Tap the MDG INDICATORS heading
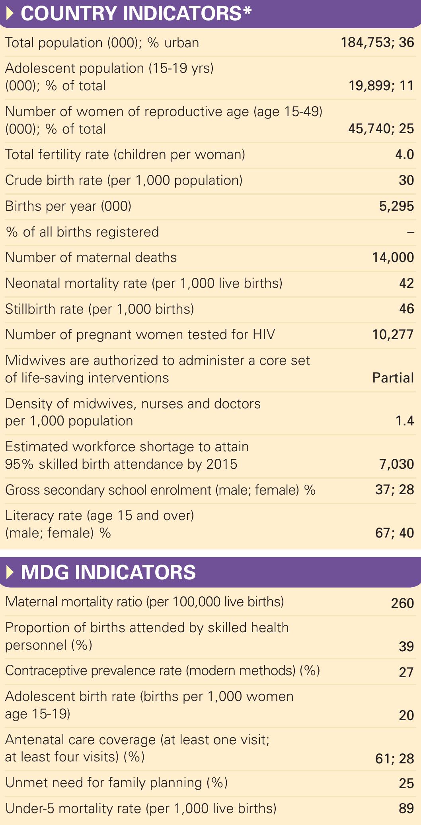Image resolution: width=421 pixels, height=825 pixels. tap(108, 573)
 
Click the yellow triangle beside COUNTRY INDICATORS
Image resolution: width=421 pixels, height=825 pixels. tap(11, 14)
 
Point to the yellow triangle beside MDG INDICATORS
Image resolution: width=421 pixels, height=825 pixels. tap(11, 573)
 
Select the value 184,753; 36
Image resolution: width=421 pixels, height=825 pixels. tap(377, 43)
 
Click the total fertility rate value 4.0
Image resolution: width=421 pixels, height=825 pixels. tap(404, 154)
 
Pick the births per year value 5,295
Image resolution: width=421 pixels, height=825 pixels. tap(396, 206)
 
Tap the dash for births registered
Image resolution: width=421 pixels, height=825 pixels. tap(410, 232)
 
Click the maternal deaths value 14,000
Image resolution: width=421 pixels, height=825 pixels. tap(393, 258)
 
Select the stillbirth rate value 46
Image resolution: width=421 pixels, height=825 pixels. tap(406, 309)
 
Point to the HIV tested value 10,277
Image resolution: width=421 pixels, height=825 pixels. tap(393, 335)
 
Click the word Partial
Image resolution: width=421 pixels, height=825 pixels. tap(393, 378)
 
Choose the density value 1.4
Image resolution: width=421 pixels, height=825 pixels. tap(404, 421)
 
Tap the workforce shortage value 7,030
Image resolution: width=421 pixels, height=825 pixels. tap(396, 464)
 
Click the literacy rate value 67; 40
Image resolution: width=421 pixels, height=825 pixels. tap(394, 533)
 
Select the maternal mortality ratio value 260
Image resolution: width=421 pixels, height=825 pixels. tap(402, 603)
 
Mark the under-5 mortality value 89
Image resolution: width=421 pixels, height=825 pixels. tap(406, 808)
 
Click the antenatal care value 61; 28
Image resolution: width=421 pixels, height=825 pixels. tap(394, 759)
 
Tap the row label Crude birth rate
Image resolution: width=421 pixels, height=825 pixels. tap(124, 181)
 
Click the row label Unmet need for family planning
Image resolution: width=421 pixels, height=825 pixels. tap(116, 782)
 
